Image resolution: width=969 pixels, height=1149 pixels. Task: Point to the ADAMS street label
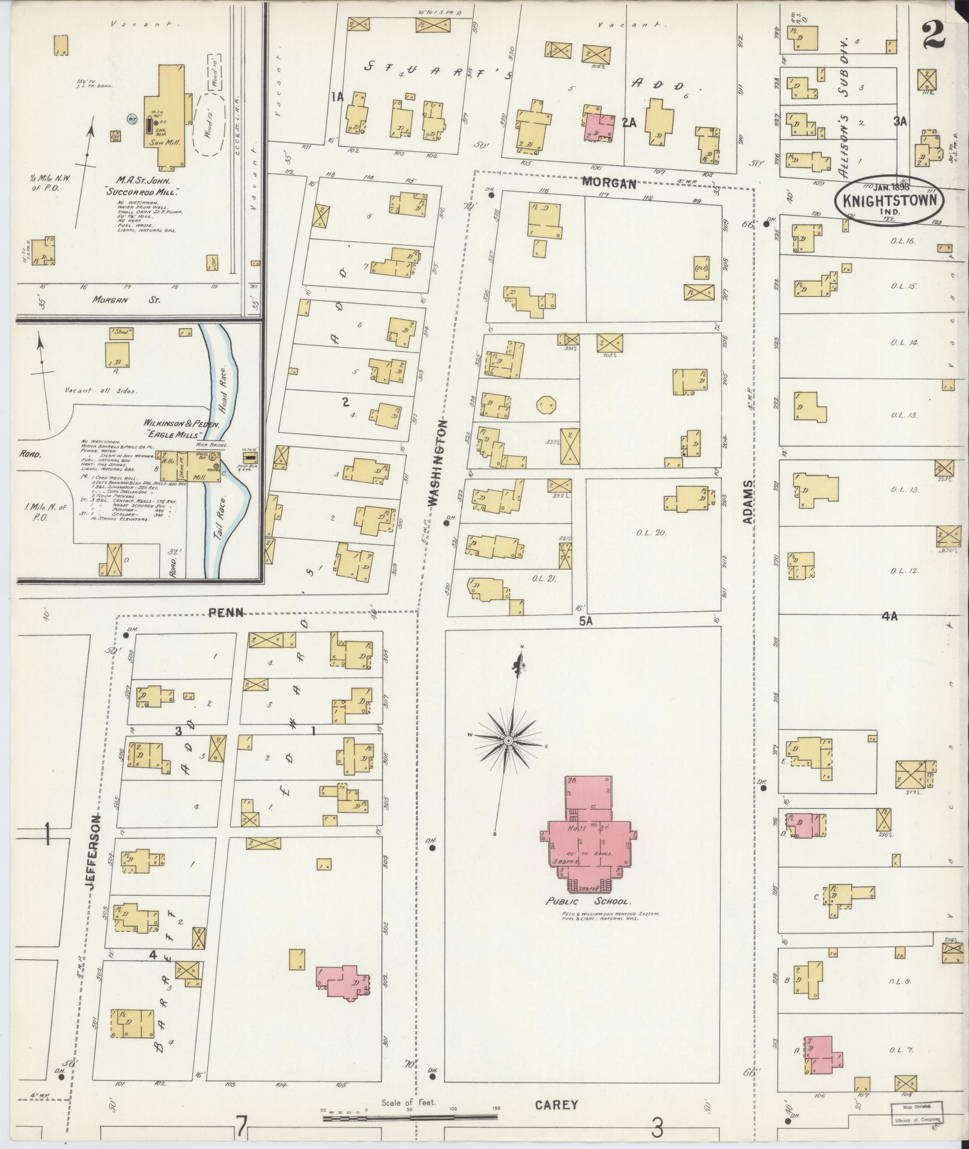click(748, 501)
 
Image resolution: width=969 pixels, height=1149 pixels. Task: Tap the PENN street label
click(226, 613)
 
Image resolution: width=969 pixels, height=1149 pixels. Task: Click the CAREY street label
click(556, 1105)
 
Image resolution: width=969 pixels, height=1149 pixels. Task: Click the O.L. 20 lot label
click(649, 532)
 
